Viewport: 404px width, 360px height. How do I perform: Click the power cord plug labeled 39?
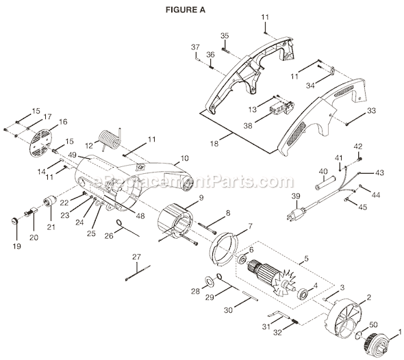[x=299, y=213]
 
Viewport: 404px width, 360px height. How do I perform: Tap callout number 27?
[x=136, y=256]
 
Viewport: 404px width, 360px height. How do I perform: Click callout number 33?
[x=371, y=110]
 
